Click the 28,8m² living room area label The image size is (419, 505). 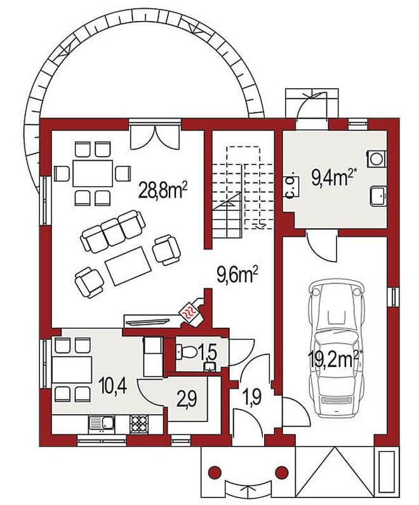pyautogui.click(x=163, y=190)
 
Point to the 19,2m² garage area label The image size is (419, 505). pyautogui.click(x=333, y=359)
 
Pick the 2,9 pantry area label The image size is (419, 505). pyautogui.click(x=187, y=400)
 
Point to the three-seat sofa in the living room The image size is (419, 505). pyautogui.click(x=112, y=231)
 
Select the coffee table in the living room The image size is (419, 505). pyautogui.click(x=128, y=266)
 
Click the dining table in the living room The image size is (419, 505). pyautogui.click(x=93, y=173)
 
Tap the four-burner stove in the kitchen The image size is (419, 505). pyautogui.click(x=139, y=424)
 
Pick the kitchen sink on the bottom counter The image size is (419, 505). pyautogui.click(x=102, y=424)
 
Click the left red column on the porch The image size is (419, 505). pyautogui.click(x=215, y=473)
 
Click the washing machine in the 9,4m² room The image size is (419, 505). pyautogui.click(x=377, y=158)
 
